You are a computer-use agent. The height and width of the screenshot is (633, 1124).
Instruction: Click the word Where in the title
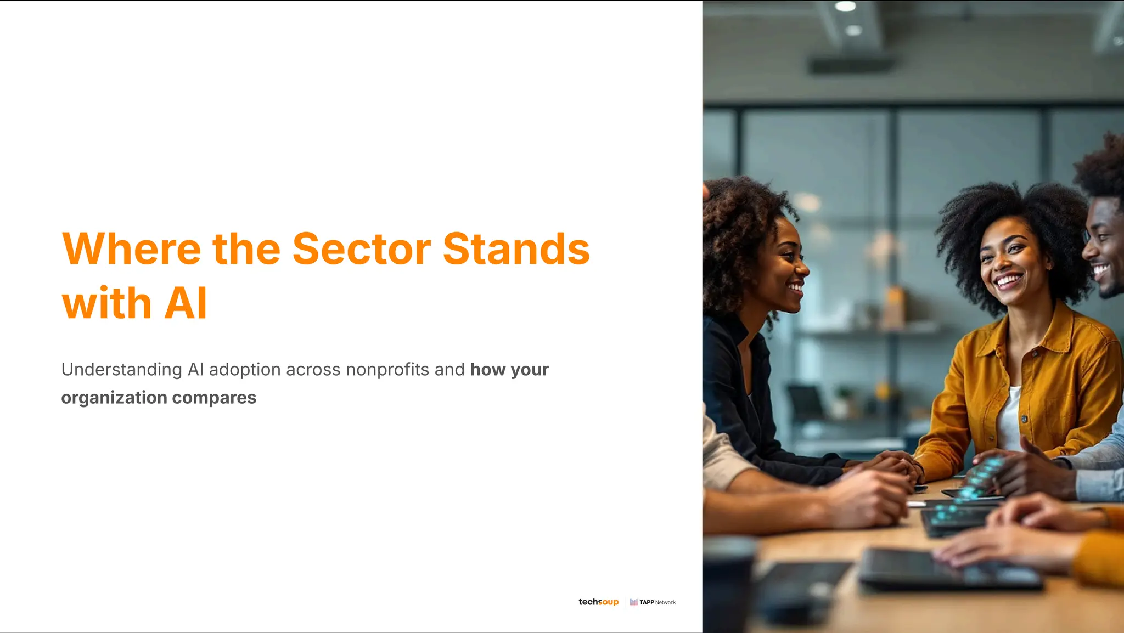coord(132,249)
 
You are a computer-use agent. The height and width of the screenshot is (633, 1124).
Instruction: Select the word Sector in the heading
coord(362,249)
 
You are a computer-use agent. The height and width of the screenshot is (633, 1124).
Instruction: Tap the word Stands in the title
coord(516,249)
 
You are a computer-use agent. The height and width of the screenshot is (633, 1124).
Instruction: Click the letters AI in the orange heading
coord(186,303)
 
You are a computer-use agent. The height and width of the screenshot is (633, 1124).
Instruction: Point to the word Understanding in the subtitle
coord(121,370)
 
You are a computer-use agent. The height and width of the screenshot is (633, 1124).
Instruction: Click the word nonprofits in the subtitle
coord(387,370)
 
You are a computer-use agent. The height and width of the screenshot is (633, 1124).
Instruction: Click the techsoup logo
coord(598,602)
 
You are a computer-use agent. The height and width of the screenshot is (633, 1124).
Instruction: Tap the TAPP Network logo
coord(653,602)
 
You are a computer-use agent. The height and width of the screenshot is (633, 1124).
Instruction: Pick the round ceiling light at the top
coord(845,7)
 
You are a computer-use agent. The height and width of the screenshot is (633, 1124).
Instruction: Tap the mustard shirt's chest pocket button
coord(1035,354)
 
